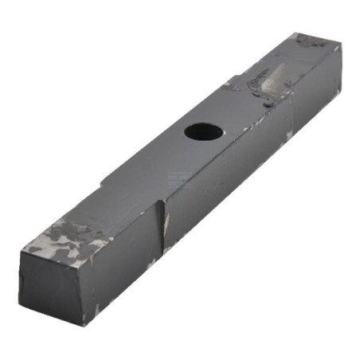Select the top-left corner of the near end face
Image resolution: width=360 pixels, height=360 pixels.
coord(22,249)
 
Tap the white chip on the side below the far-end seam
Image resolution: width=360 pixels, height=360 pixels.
coord(289,136)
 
